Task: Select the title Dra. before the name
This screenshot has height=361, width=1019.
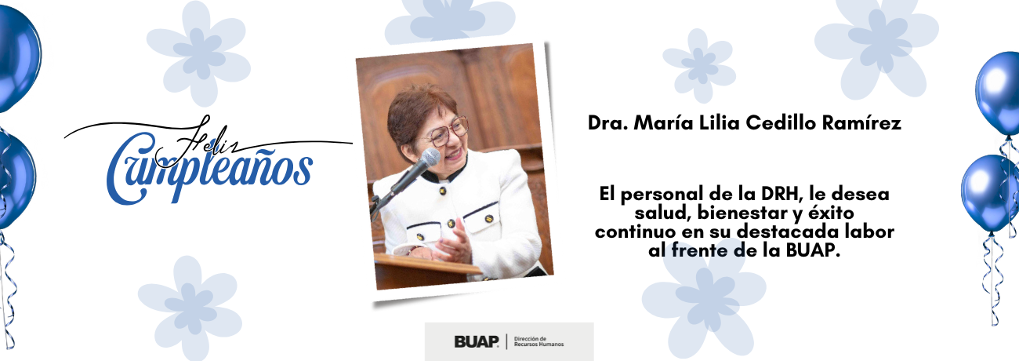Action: click(x=605, y=123)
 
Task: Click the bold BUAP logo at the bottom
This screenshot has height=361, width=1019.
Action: click(x=476, y=341)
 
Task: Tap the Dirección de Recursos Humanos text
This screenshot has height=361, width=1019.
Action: click(x=539, y=341)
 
